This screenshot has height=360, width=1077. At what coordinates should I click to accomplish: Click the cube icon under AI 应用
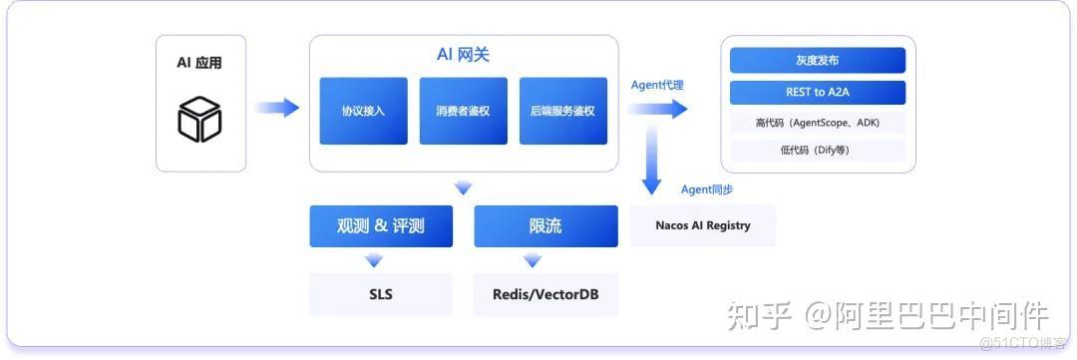(199, 119)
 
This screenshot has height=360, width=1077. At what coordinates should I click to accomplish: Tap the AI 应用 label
(199, 63)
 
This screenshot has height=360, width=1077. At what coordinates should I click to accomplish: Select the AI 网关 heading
(463, 55)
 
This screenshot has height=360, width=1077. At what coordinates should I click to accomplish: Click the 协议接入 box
(363, 111)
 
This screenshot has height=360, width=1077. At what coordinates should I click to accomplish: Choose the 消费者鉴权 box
(463, 111)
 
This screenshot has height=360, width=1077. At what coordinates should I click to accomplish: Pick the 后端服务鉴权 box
(562, 111)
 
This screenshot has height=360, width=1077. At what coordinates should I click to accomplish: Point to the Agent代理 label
(657, 85)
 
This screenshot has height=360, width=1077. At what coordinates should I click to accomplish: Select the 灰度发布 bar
(817, 61)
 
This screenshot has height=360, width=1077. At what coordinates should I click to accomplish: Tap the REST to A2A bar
(817, 93)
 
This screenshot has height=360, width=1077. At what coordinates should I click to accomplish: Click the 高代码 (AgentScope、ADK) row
(817, 123)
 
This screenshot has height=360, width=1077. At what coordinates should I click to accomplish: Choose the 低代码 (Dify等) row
(817, 151)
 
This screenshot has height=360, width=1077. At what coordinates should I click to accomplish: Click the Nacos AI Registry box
(702, 225)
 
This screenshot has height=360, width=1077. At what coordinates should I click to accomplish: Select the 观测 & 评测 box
(380, 226)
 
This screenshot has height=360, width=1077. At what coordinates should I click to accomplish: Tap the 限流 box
(545, 226)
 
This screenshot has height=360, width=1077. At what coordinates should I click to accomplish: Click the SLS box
(380, 295)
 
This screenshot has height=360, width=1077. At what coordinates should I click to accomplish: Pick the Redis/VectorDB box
(545, 295)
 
